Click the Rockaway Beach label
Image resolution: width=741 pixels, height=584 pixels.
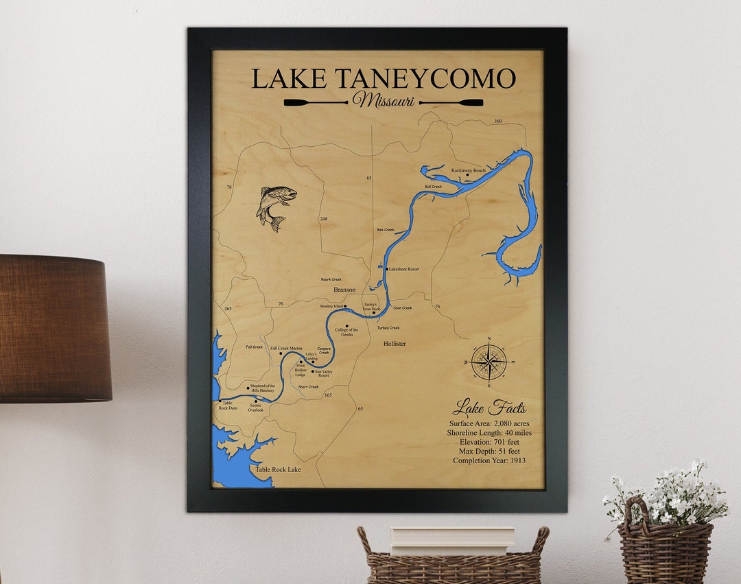468,170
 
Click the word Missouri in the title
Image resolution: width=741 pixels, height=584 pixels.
383,101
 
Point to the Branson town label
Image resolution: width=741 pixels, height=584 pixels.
344,290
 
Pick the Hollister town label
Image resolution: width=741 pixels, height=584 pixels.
395,343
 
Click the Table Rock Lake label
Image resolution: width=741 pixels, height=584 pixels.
278,470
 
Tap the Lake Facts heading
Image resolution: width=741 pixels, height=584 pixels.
489,408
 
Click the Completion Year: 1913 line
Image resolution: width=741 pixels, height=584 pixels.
489,460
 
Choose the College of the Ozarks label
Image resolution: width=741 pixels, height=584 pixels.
346,332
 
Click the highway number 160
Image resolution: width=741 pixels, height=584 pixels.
498,121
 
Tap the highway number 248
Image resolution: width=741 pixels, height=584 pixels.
323,219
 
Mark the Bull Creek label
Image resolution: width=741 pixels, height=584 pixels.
433,187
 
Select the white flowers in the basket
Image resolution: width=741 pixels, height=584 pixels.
666,492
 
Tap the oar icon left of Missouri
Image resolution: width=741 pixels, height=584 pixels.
316,103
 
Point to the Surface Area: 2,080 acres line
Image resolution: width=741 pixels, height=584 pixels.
489,423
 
